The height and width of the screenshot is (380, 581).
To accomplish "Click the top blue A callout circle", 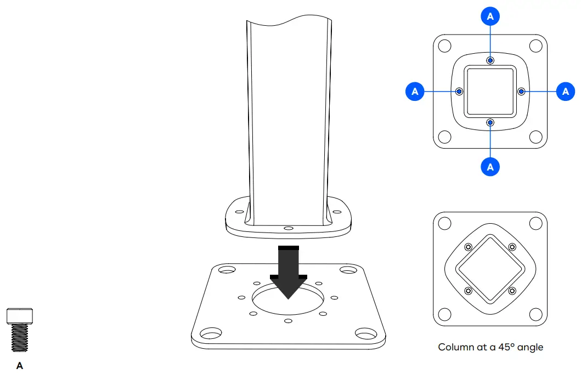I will pyautogui.click(x=490, y=17).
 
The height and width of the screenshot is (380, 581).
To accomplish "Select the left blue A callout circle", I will pyautogui.click(x=415, y=92).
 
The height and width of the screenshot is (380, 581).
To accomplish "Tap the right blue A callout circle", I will pyautogui.click(x=566, y=92).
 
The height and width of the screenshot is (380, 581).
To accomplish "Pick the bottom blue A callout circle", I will pyautogui.click(x=490, y=167).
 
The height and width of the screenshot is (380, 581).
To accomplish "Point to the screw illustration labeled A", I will pyautogui.click(x=20, y=330).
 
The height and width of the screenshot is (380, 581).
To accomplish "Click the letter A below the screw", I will pyautogui.click(x=20, y=366).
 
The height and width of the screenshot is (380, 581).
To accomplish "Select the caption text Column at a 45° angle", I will pyautogui.click(x=490, y=347).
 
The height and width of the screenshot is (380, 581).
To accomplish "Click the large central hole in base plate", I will pyautogui.click(x=289, y=299).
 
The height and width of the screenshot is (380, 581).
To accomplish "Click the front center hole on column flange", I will pyautogui.click(x=289, y=227).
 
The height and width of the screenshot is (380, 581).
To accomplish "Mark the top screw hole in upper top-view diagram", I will pyautogui.click(x=490, y=60).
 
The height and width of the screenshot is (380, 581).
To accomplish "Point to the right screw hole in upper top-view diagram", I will pyautogui.click(x=521, y=91).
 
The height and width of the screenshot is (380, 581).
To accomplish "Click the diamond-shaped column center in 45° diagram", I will pyautogui.click(x=490, y=269).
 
